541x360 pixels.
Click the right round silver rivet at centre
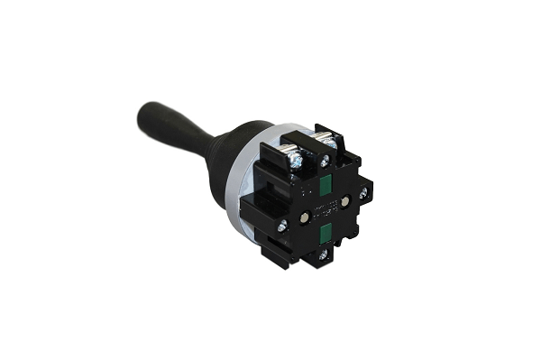click(344, 201)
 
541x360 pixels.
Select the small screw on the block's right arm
click(363, 191)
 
